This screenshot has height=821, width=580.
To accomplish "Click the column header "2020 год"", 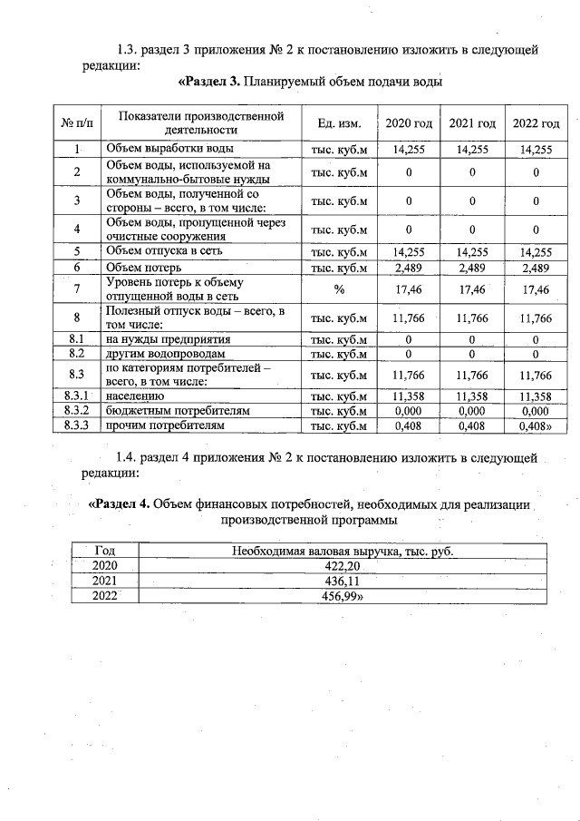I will (x=409, y=123).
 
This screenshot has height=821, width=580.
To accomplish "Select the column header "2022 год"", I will (x=536, y=123).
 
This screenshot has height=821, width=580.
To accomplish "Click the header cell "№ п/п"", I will (x=78, y=123).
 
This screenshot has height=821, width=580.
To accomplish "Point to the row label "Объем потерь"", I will (x=144, y=268).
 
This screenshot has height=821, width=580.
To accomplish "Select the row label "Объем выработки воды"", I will (x=169, y=148).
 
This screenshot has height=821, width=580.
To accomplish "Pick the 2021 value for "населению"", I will (x=472, y=396).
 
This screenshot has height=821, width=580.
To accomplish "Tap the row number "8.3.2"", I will (x=78, y=411).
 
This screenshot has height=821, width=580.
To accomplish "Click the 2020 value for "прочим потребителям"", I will (x=409, y=425).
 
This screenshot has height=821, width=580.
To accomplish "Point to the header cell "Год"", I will (x=105, y=551).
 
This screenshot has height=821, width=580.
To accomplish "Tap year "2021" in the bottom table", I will (x=105, y=581).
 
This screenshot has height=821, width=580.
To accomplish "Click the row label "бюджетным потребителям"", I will (x=178, y=411).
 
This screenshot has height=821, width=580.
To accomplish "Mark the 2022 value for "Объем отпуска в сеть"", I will (x=536, y=251).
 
